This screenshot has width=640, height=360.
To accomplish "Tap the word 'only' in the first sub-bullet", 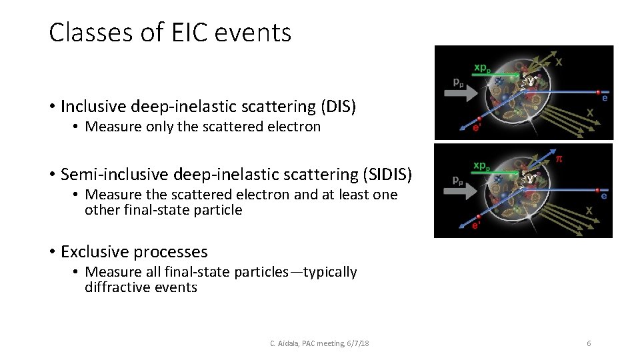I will point(157,127).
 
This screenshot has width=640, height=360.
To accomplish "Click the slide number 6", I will point(589,343).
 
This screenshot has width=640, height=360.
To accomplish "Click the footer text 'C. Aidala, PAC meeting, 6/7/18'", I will point(319,343).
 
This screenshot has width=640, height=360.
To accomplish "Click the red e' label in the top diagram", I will point(477,128).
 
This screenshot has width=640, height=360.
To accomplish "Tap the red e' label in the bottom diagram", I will point(477,225).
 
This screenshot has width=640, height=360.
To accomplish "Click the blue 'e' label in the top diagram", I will point(604,98).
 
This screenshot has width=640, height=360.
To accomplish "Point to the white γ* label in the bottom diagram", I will point(532,178).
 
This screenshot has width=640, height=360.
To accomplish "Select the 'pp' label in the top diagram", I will point(459,83).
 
